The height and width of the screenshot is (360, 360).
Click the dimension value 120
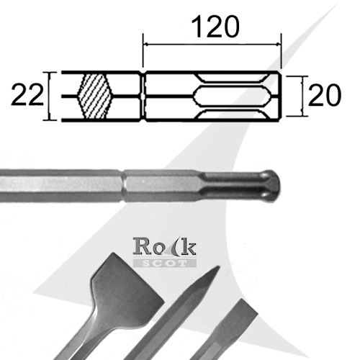tap(213, 27)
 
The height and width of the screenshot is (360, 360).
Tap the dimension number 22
tap(26, 95)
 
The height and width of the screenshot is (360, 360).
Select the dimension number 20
tap(324, 95)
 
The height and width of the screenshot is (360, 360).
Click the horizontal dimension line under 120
tap(213, 45)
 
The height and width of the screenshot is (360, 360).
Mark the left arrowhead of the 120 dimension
tap(148, 45)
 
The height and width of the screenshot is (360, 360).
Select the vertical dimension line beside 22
tap(49, 95)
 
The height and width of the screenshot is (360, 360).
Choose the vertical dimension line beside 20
tap(300, 95)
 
